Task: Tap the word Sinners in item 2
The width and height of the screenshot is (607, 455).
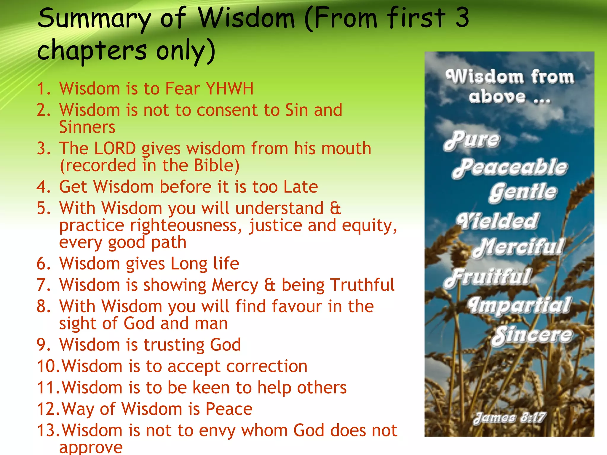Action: pyautogui.click(x=87, y=127)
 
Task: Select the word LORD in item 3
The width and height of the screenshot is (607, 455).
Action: pyautogui.click(x=115, y=148)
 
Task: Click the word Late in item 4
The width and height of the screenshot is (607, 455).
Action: pyautogui.click(x=300, y=187)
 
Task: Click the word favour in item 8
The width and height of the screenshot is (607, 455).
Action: pyautogui.click(x=297, y=306)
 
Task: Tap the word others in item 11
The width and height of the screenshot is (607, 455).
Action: pyautogui.click(x=322, y=388)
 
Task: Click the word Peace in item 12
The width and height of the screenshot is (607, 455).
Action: pyautogui.click(x=229, y=409)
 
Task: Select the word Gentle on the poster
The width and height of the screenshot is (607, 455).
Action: pyautogui.click(x=523, y=192)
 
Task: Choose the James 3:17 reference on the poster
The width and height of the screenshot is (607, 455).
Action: pyautogui.click(x=509, y=418)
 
